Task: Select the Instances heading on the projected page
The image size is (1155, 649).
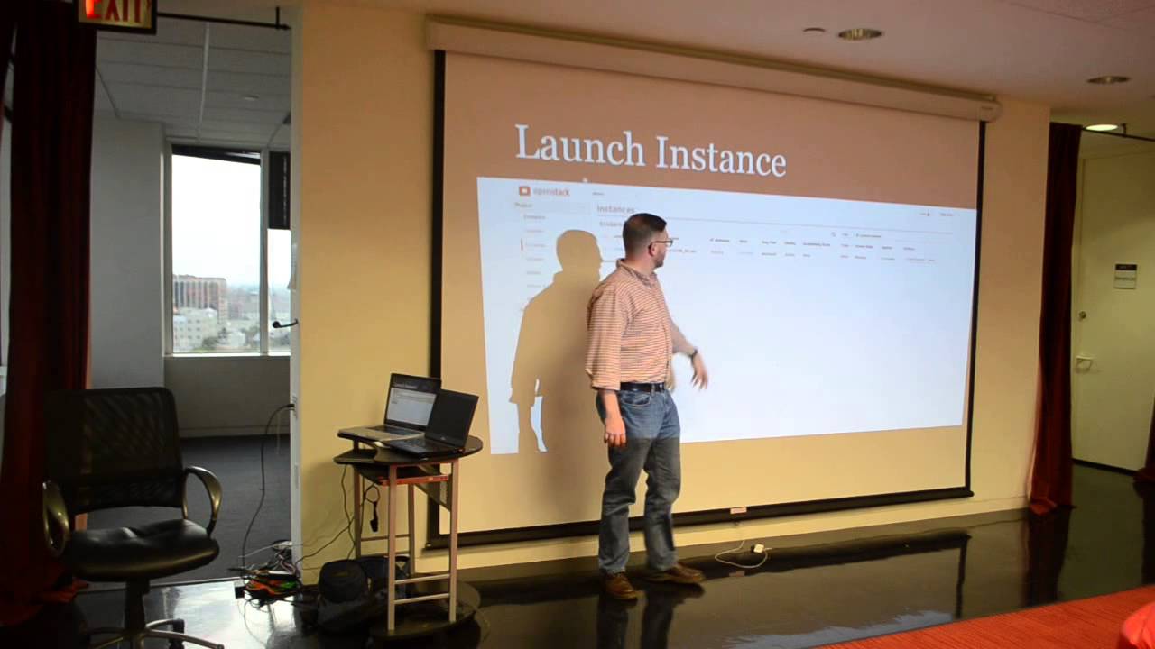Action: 615,208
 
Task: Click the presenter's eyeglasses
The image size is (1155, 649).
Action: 661,242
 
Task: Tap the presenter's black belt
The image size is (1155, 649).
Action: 642,387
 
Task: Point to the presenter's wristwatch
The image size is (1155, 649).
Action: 692,353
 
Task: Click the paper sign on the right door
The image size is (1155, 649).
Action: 1124,276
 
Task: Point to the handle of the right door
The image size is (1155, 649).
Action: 1083,362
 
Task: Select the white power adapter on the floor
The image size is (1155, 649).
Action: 758,548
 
